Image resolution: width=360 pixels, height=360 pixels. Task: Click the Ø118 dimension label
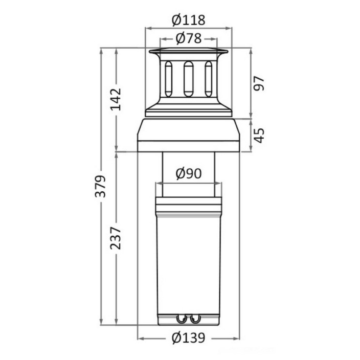pos(188,20)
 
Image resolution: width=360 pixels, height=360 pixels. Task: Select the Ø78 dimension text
pos(189,38)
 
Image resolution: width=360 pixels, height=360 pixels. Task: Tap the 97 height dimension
pos(259,83)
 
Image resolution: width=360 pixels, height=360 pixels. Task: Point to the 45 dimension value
pos(259,136)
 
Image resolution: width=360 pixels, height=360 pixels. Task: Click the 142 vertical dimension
pos(116,99)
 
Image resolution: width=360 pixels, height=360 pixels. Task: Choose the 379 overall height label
pos(100,187)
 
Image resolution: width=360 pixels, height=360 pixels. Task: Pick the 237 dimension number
pos(116,238)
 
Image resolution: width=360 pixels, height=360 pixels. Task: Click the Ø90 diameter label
pos(189,173)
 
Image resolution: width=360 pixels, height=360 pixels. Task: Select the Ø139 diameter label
pos(188,337)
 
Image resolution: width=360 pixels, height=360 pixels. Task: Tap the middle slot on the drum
pos(189,79)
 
